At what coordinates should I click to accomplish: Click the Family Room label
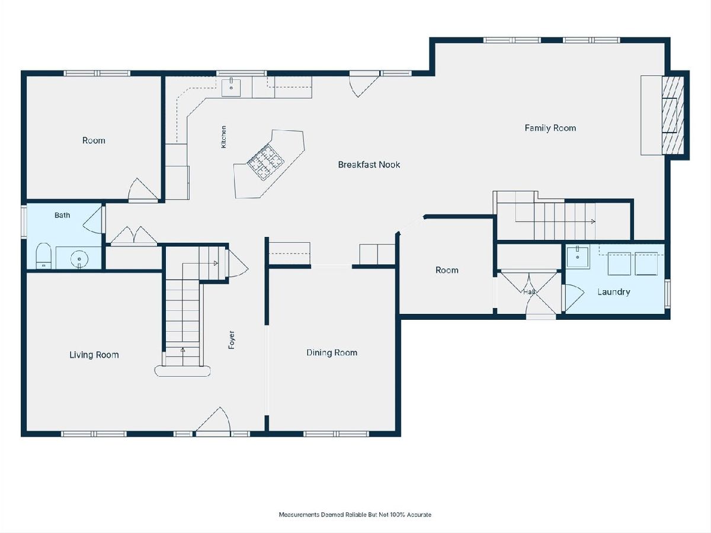550,128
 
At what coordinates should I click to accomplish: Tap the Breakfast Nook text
369,165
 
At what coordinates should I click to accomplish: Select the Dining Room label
332,352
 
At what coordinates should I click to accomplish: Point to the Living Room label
94,355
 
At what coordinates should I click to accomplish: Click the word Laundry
613,292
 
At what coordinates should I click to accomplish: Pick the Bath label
62,215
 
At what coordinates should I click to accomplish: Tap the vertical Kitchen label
223,137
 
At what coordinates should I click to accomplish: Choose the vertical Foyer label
232,340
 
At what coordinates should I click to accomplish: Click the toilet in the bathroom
43,256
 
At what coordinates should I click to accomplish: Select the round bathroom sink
79,259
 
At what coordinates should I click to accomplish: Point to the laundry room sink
578,256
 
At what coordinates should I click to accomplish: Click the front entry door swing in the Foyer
213,420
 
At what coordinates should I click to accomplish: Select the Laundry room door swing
574,297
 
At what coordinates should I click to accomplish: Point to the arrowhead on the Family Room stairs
593,221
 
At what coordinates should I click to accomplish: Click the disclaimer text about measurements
355,515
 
